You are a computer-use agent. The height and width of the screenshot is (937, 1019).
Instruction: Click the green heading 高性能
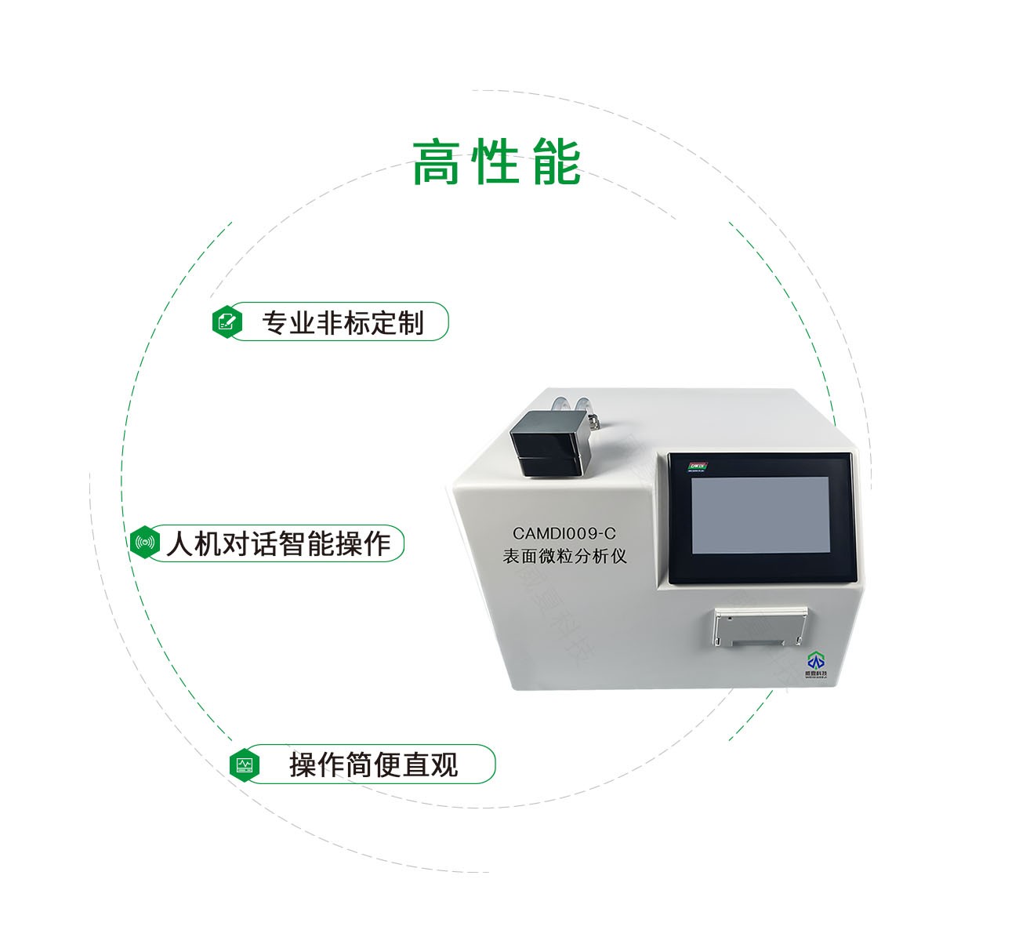tap(496, 162)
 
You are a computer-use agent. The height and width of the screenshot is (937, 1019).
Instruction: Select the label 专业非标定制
tap(343, 322)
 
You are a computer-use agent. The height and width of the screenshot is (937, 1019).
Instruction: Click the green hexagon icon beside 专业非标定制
tap(227, 321)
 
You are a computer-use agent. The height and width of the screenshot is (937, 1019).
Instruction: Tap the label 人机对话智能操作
tap(277, 543)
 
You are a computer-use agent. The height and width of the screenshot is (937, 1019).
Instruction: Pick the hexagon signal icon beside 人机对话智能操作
tap(145, 543)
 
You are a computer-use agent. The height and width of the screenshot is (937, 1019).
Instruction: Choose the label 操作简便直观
tap(373, 764)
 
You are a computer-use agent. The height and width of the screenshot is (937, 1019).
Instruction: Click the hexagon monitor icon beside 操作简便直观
tap(245, 764)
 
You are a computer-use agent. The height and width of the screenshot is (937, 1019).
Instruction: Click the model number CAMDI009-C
tap(564, 532)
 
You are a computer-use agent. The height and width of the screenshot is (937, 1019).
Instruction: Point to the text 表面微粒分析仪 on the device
tap(564, 556)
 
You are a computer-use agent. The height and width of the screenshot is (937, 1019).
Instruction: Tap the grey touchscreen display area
tap(760, 520)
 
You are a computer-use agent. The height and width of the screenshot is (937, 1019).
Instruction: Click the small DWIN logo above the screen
tap(697, 466)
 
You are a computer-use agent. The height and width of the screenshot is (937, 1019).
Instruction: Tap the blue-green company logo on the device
tap(816, 662)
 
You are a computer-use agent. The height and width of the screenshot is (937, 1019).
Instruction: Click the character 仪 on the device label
tap(619, 556)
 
